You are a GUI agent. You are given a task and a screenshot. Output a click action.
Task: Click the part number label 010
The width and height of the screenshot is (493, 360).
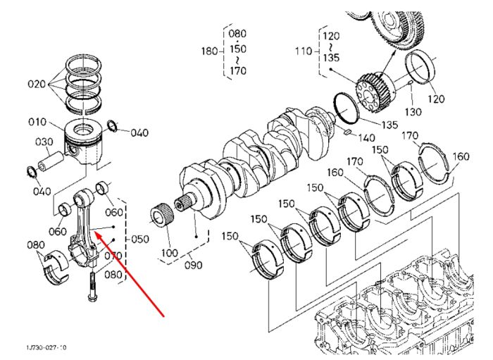(37, 122)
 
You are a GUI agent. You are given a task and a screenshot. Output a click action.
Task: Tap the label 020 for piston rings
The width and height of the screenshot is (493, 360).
(37, 84)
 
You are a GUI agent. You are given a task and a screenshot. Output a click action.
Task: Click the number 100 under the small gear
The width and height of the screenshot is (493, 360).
(169, 252)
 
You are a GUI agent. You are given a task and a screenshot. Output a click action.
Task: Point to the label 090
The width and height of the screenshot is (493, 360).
(193, 265)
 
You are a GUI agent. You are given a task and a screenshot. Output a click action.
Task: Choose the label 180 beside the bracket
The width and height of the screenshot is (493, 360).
(210, 51)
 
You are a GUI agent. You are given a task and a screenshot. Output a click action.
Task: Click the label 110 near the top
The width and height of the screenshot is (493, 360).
(304, 51)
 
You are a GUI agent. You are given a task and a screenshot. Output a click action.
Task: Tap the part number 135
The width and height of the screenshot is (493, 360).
(389, 125)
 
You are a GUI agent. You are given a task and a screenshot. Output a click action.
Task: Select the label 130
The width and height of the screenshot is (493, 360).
(413, 112)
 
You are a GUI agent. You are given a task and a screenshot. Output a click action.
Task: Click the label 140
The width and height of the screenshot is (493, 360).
(367, 137)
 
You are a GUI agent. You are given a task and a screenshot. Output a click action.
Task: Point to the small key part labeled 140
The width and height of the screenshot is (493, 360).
(347, 132)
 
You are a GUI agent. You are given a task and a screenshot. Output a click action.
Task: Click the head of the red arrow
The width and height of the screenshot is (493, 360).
(94, 232)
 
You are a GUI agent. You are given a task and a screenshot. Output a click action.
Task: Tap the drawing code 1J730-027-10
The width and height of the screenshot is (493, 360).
(46, 347)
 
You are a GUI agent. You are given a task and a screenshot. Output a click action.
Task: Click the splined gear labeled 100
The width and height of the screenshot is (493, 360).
(163, 216)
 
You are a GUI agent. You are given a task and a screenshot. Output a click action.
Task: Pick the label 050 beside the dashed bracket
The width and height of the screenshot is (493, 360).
(140, 240)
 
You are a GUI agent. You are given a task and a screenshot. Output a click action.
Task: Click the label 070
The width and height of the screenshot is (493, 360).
(113, 256)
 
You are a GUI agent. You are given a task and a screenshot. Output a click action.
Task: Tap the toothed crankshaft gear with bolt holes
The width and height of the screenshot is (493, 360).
(375, 93)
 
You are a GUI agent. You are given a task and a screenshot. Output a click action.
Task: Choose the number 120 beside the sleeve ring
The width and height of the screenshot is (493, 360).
(436, 99)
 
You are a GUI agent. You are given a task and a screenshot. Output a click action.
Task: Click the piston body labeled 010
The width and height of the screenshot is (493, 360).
(84, 142)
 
